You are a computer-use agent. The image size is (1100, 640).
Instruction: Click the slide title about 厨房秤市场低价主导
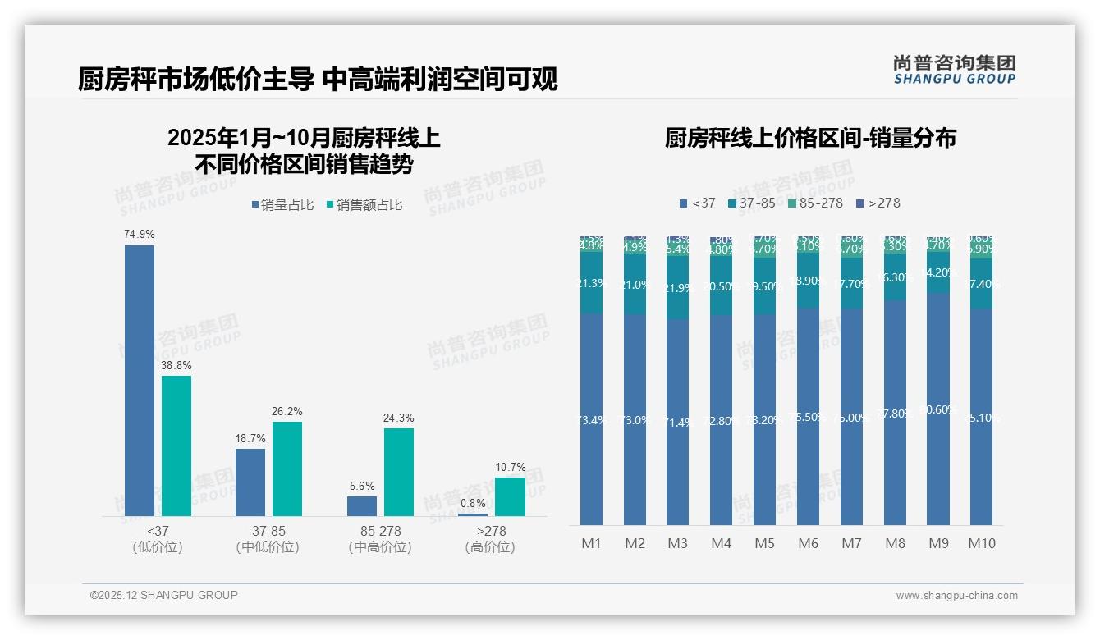point(318,80)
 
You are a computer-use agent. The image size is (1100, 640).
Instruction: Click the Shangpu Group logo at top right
point(954,70)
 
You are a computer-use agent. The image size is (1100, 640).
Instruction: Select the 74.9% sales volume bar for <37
point(140,380)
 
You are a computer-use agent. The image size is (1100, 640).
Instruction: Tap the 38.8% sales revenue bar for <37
point(176,446)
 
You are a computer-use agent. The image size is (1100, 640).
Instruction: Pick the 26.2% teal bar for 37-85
point(287,469)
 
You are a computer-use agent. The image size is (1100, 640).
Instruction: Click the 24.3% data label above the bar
point(398,418)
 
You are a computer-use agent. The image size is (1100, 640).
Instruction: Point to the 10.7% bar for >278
point(510,496)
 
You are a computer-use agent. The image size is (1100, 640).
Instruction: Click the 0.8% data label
point(473,503)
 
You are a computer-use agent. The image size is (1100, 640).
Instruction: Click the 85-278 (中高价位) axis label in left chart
point(380,539)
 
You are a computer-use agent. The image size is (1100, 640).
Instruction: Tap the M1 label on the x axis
point(592,543)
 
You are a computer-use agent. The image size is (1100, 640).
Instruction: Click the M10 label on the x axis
point(982,543)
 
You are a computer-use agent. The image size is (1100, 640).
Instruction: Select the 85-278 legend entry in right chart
point(815,203)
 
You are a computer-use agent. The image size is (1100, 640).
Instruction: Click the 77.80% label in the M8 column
point(896,414)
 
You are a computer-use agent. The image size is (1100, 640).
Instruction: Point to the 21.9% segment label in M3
point(677,289)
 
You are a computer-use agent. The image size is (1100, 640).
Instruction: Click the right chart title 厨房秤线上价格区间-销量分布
point(810,138)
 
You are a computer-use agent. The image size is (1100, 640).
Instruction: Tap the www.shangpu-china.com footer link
point(956,596)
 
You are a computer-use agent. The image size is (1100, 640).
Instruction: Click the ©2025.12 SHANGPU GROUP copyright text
point(164,596)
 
